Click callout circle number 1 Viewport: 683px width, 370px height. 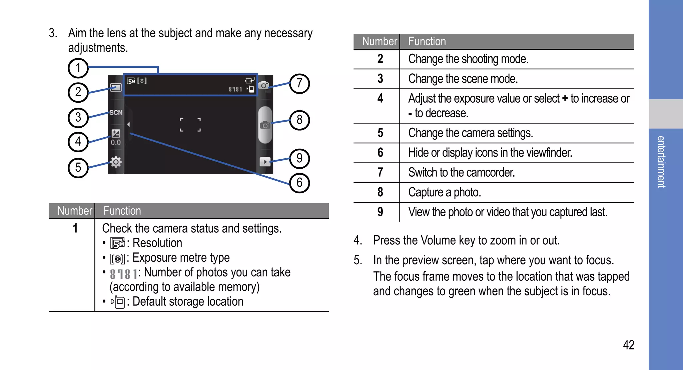point(78,68)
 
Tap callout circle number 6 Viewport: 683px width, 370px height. point(299,183)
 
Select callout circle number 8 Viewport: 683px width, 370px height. point(299,120)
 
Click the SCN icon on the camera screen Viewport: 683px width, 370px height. point(116,113)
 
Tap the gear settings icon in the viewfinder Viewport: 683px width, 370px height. point(116,162)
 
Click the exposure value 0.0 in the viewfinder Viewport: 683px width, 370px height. point(116,142)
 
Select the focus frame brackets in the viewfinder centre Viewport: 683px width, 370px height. point(190,125)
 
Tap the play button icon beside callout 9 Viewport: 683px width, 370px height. point(265,162)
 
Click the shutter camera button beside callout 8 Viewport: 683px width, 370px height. point(265,125)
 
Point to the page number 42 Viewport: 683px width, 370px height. point(628,345)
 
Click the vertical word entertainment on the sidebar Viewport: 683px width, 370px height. point(661,162)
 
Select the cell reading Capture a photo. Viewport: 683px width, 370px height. point(444,192)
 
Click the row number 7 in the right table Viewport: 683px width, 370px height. point(380,172)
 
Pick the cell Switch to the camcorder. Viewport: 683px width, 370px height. point(461,172)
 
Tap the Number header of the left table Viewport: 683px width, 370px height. point(74,211)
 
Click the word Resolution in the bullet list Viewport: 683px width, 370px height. point(157,243)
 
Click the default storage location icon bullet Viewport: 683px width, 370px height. point(118,302)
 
